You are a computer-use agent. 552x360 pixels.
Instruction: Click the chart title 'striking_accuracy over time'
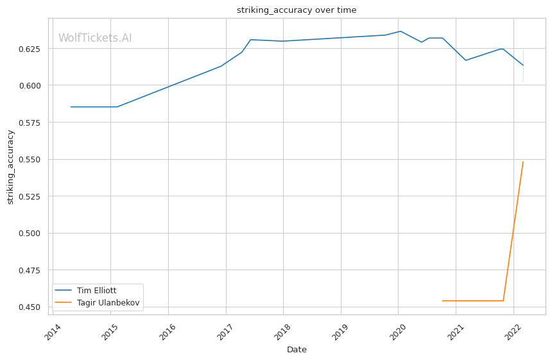click(x=296, y=10)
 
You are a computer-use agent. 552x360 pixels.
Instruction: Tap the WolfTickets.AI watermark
click(x=95, y=39)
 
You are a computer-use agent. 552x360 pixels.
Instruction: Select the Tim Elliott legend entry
click(x=96, y=291)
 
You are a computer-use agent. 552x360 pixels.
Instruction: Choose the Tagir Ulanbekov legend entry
click(x=108, y=302)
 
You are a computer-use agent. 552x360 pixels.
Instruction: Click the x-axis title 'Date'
click(x=297, y=350)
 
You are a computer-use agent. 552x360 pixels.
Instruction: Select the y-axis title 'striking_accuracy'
click(x=10, y=167)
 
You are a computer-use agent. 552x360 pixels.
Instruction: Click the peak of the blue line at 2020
click(x=401, y=31)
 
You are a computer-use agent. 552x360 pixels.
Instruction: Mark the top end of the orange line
click(x=523, y=162)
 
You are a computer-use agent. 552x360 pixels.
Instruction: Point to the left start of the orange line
click(x=442, y=300)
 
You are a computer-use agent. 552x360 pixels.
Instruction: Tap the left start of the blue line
click(x=71, y=107)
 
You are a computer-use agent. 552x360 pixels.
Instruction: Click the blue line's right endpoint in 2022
click(x=523, y=65)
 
